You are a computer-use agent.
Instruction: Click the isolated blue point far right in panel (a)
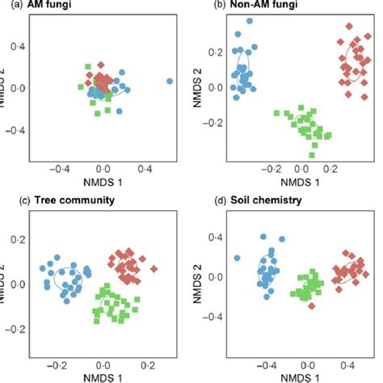click(170, 81)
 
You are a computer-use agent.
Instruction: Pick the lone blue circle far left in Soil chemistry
click(237, 259)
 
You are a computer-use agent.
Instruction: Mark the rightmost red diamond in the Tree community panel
click(154, 268)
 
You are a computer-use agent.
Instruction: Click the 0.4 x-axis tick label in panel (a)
click(145, 168)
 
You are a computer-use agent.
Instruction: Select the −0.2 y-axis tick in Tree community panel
click(15, 329)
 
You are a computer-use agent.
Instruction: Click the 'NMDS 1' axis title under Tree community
click(104, 376)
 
